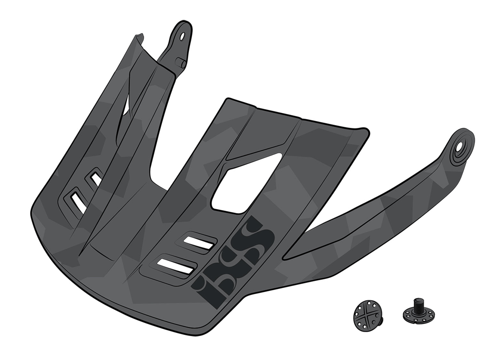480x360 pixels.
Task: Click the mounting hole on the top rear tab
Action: [x=182, y=36]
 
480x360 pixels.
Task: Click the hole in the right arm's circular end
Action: [x=460, y=148]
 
